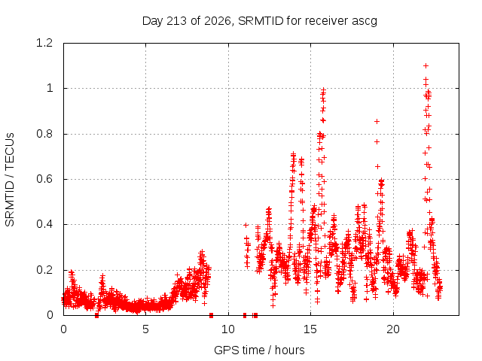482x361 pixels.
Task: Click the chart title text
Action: click(259, 21)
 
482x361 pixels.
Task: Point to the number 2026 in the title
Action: click(218, 21)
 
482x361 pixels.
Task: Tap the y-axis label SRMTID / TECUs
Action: click(10, 180)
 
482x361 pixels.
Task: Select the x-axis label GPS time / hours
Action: click(259, 350)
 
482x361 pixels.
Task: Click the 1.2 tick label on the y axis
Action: click(44, 43)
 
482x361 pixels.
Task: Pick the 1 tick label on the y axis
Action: click(50, 89)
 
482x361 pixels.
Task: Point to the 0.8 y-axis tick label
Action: click(44, 134)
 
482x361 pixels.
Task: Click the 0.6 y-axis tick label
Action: click(44, 179)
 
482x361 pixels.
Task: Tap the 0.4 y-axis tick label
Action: click(44, 224)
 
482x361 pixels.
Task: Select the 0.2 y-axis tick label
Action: click(44, 270)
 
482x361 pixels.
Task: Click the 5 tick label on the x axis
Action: click(145, 329)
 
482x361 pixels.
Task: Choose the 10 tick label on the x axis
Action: click(228, 329)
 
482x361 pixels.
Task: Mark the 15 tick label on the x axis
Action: click(310, 329)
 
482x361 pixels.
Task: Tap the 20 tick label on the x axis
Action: click(393, 329)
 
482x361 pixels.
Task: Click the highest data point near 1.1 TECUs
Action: click(426, 65)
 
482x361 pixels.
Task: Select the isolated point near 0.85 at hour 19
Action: click(377, 122)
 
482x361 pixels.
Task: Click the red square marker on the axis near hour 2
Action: click(97, 315)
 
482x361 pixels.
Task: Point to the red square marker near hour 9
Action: click(211, 315)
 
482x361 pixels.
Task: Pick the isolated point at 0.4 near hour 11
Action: click(246, 225)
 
